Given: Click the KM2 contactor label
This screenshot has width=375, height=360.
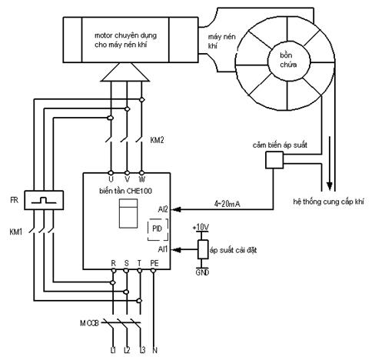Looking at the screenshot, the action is [x=157, y=140].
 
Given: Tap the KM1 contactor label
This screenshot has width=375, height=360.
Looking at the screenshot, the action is [x=16, y=232].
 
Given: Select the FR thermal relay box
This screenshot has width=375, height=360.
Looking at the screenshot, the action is [x=44, y=200].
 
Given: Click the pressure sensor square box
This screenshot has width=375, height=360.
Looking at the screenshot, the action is [x=274, y=160].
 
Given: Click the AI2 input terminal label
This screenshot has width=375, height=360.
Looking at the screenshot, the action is [x=163, y=209].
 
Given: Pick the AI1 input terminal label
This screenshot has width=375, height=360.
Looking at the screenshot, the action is [x=163, y=249].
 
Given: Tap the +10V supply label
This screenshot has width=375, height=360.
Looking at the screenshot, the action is [x=201, y=227].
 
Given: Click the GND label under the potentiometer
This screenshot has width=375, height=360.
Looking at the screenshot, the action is [x=202, y=272].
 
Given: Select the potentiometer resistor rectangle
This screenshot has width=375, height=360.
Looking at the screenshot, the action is [x=203, y=249].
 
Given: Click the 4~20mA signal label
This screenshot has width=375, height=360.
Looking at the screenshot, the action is [x=227, y=204].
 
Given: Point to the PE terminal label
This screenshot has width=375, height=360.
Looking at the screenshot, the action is [x=154, y=263].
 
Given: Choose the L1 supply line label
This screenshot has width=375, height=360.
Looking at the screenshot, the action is [x=113, y=350].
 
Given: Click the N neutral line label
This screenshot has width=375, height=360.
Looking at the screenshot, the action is [x=154, y=350].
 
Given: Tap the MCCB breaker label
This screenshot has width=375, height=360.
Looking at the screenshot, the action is [x=89, y=323].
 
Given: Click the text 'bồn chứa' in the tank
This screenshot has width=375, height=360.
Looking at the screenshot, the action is [x=288, y=60].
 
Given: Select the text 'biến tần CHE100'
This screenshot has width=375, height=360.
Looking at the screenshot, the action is [x=125, y=191].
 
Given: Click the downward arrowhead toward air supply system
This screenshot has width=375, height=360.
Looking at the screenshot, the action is [x=330, y=186].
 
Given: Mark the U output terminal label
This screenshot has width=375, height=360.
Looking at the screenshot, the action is [x=111, y=179].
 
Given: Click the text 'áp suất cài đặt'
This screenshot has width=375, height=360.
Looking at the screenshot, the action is [x=233, y=250].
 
